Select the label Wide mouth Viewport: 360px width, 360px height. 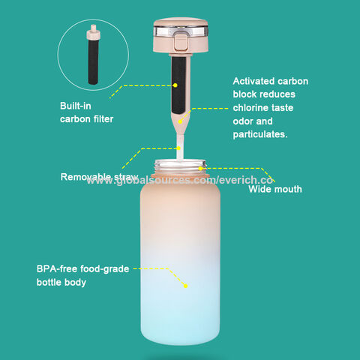274,190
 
